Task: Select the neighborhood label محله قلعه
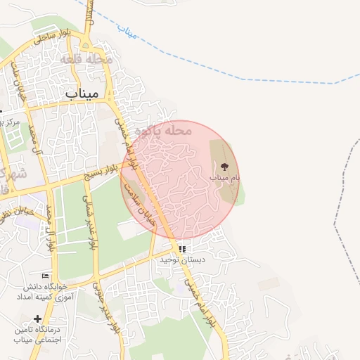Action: pos(87,59)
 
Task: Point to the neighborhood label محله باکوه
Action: pos(162,130)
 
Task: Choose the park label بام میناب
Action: pos(224,178)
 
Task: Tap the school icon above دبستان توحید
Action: pos(182,249)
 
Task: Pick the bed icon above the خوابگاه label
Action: pos(46,275)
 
